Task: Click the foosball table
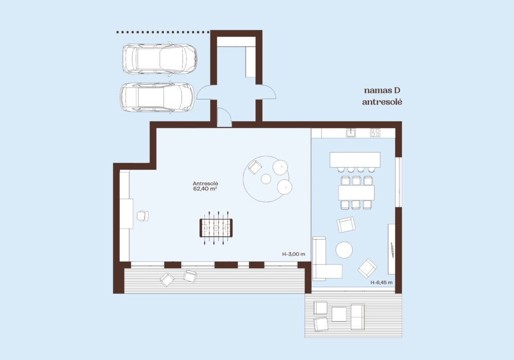pos(216,228)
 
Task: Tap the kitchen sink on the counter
pos(351,133)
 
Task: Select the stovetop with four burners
pos(375,133)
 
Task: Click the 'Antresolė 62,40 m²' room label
pos(205,186)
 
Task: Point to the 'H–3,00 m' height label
pos(294,254)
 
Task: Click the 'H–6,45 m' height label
pos(381,282)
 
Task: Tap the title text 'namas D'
pos(382,90)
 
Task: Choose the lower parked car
pos(157,98)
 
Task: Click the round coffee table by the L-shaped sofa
pos(344,250)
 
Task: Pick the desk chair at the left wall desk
pos(143,215)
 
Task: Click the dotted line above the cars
pos(163,32)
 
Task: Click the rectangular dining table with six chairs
pos(356,193)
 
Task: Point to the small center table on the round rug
pos(266,179)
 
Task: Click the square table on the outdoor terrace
pos(339,314)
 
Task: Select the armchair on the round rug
pos(254,167)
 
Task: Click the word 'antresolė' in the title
pos(382,102)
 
